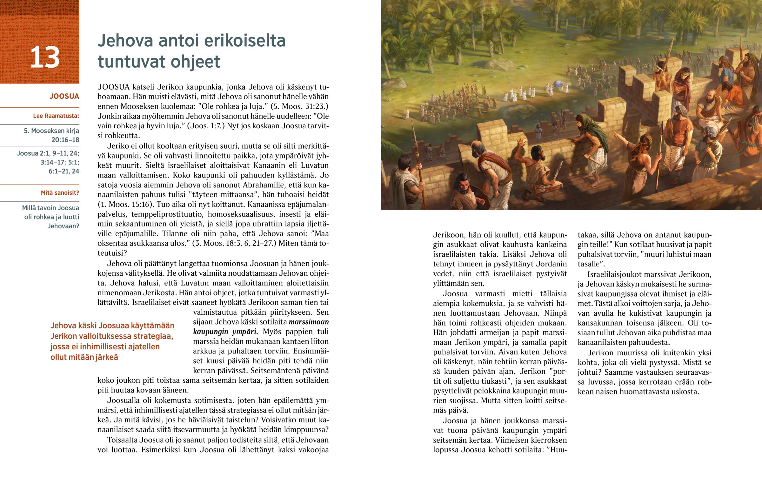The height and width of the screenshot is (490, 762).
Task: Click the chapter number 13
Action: (x=45, y=57)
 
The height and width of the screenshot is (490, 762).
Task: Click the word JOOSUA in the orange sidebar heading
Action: (x=64, y=97)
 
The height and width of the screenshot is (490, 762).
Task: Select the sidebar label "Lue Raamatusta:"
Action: (x=56, y=116)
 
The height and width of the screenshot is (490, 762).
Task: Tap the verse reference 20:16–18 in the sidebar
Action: (x=65, y=140)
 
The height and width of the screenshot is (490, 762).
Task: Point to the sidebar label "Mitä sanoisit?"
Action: (x=60, y=193)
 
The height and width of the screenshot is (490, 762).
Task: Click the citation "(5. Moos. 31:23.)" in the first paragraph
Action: (x=299, y=106)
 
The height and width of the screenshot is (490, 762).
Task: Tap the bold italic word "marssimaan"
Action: (x=309, y=322)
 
